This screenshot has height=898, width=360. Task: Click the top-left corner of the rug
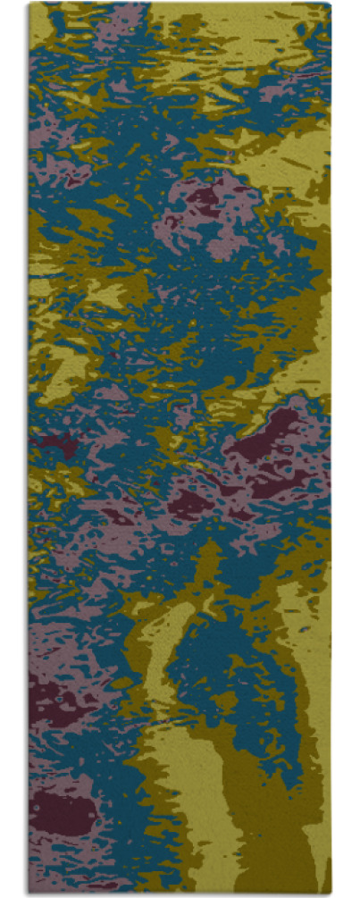pyautogui.click(x=29, y=4)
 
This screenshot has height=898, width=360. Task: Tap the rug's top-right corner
pyautogui.click(x=331, y=4)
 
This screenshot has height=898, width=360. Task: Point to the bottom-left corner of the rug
pyautogui.click(x=29, y=894)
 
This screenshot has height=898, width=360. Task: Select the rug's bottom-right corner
pyautogui.click(x=331, y=894)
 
